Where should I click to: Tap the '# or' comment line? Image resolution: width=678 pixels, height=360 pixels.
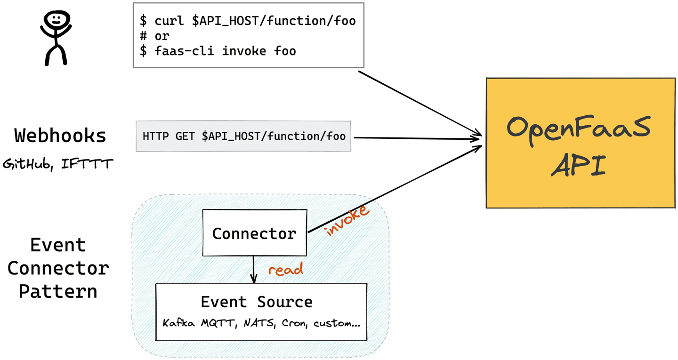coord(154,36)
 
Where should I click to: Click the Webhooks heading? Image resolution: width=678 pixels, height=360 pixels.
coord(60,136)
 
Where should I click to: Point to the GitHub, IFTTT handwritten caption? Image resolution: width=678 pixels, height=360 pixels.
coord(58,164)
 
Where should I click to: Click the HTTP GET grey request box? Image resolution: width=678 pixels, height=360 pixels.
coord(243,136)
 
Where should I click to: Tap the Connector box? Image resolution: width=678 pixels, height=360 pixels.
coord(254,233)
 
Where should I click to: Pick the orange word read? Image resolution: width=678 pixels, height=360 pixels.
coord(285,270)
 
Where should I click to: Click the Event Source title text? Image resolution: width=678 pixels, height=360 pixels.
coord(257,302)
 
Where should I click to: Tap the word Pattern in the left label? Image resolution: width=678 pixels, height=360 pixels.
coord(58,291)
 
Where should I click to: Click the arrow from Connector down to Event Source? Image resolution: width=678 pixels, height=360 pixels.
coord(254,268)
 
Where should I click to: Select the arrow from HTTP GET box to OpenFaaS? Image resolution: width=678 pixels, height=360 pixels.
coord(414,138)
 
